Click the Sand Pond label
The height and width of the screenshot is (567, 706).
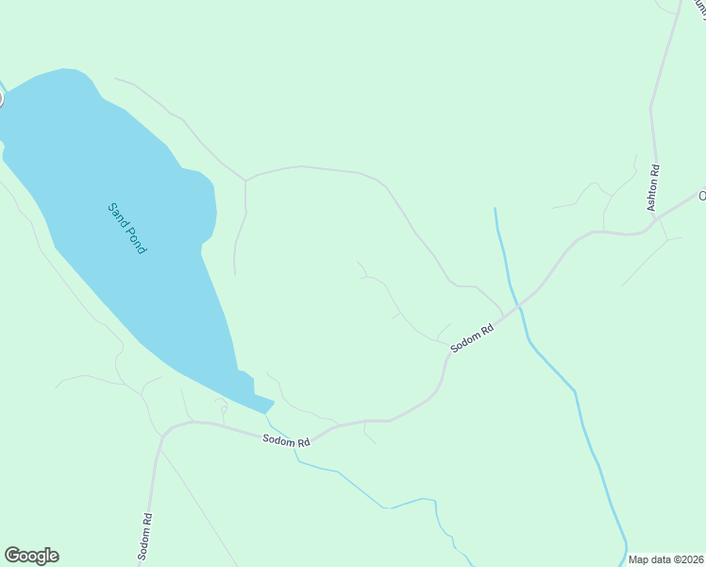pos(126,228)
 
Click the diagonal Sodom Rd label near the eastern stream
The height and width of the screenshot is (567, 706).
pos(473,338)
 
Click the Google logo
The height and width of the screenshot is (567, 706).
pos(31,556)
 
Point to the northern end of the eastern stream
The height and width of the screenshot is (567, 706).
pos(495,209)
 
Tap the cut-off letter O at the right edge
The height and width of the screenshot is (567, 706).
pos(701,197)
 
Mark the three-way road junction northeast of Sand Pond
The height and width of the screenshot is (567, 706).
pos(245,179)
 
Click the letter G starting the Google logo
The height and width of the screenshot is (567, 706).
pos(11,556)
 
